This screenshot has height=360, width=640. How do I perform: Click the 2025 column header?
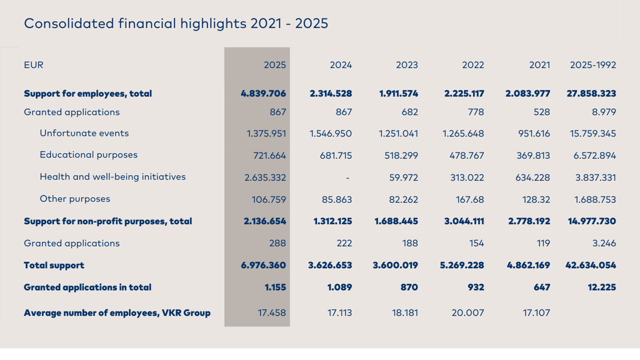275,65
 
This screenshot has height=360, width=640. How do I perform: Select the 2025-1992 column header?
593,65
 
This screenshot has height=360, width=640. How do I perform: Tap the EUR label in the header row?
33,65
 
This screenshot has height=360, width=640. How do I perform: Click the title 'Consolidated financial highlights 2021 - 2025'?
176,24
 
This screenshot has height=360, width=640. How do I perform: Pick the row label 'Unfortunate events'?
84,133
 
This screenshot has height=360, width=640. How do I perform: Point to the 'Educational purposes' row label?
88,155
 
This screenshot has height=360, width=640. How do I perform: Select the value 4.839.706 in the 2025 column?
263,94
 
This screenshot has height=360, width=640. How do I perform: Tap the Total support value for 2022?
462,265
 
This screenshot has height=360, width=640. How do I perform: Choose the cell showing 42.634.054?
591,265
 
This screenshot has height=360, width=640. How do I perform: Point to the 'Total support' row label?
54,265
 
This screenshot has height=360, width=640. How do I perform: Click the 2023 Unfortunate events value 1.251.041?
398,133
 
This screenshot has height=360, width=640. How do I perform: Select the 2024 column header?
341,65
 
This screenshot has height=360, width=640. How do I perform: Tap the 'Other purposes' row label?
75,199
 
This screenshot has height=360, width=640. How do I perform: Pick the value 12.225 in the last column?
602,287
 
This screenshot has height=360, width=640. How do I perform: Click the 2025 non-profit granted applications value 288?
278,243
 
